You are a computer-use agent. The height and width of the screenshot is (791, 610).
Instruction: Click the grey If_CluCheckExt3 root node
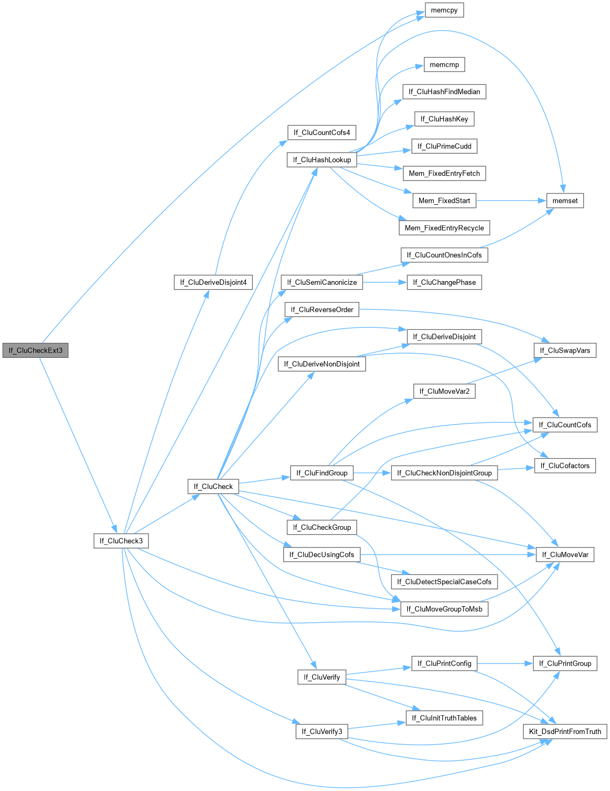(36, 350)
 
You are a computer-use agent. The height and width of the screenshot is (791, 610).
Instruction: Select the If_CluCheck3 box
(121, 541)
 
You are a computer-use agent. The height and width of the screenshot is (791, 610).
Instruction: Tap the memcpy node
(444, 10)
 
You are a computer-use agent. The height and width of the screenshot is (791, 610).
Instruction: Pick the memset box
(565, 200)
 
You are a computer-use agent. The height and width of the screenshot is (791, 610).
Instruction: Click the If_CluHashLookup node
(322, 160)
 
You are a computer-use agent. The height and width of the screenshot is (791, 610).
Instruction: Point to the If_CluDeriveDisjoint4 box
(213, 282)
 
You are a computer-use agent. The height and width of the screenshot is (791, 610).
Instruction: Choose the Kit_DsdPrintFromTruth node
(565, 731)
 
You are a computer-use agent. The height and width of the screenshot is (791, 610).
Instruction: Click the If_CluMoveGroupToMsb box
(444, 609)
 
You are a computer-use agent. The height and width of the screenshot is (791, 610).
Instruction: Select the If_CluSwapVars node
(565, 350)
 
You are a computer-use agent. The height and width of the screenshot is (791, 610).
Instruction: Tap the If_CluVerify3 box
(322, 731)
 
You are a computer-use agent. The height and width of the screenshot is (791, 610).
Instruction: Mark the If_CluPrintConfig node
(444, 663)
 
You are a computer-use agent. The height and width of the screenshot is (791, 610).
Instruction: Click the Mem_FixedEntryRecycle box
(444, 228)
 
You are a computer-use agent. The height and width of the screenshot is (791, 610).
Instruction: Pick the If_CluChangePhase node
(444, 282)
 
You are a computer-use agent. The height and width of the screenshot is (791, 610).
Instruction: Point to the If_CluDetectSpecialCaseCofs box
(444, 581)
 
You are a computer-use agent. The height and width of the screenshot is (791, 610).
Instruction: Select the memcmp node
(444, 64)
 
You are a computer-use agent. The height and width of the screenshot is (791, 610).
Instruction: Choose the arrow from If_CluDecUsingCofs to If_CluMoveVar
(446, 555)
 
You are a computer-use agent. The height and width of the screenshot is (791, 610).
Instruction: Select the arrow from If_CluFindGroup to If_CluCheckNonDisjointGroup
(372, 473)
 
